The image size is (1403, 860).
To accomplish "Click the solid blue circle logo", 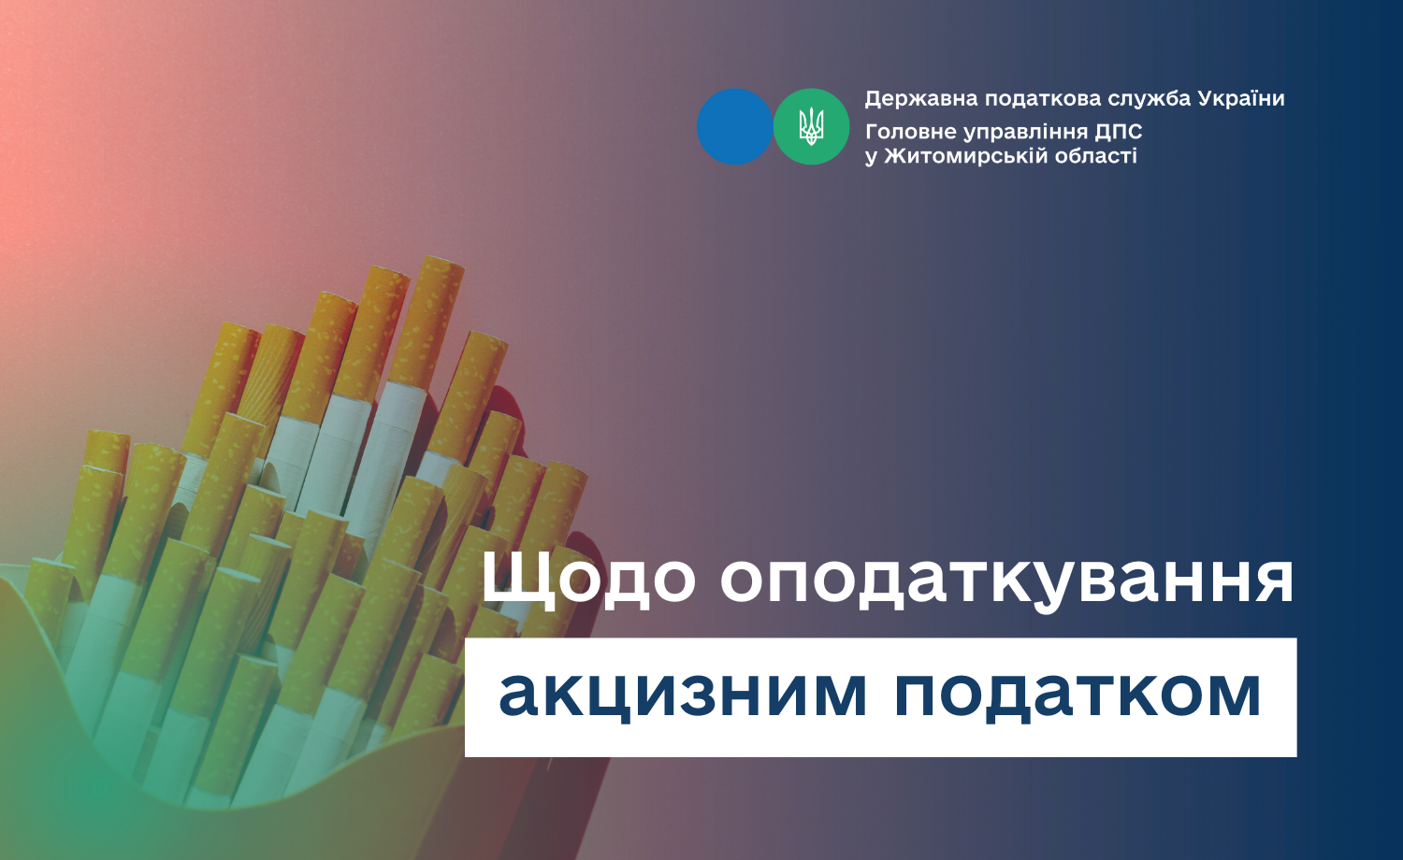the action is (734, 126).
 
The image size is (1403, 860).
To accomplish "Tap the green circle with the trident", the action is (811, 126).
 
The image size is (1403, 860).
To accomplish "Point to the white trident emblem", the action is (811, 126).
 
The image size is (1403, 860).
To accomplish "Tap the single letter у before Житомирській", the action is (871, 157).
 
